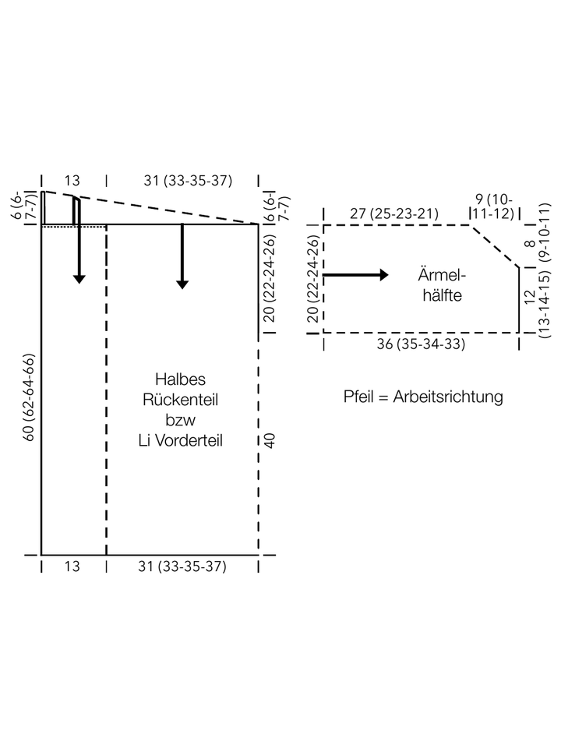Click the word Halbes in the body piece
pyautogui.click(x=180, y=379)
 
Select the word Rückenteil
pyautogui.click(x=180, y=400)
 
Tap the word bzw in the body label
pyautogui.click(x=180, y=420)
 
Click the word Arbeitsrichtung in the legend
pyautogui.click(x=448, y=397)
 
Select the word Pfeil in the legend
pyautogui.click(x=358, y=397)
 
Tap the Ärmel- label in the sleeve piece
pyautogui.click(x=442, y=275)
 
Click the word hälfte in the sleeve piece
pyautogui.click(x=443, y=295)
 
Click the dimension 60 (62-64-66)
pyautogui.click(x=29, y=397)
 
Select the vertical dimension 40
pyautogui.click(x=270, y=440)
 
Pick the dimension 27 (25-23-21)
pyautogui.click(x=394, y=213)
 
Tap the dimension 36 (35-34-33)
pyautogui.click(x=421, y=344)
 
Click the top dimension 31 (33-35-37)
pyautogui.click(x=188, y=180)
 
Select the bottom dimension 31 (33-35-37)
pyautogui.click(x=182, y=566)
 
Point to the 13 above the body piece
pyautogui.click(x=72, y=181)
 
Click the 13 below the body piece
pyautogui.click(x=72, y=566)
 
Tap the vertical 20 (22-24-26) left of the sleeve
pyautogui.click(x=313, y=279)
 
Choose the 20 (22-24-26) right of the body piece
pyautogui.click(x=270, y=277)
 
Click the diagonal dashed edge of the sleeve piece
pyautogui.click(x=496, y=246)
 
